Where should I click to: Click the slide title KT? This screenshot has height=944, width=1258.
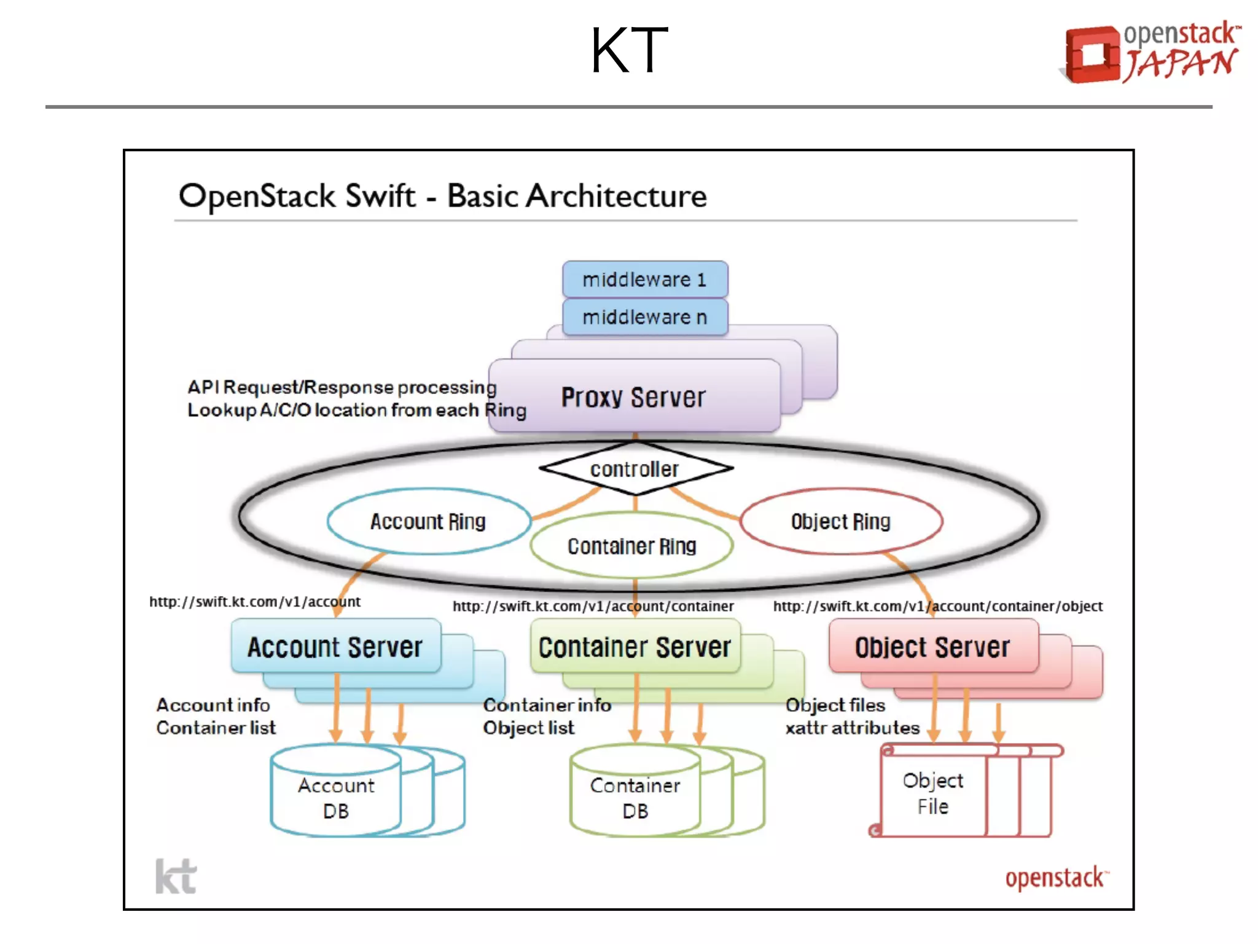coord(628,50)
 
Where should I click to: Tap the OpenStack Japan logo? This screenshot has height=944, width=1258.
coord(1151,52)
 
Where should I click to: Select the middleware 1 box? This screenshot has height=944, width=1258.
coord(644,280)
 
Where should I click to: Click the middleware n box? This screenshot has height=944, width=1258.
coord(644,317)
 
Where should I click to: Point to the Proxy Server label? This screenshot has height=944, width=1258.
coord(633,397)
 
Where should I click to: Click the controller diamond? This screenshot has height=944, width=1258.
coord(635,469)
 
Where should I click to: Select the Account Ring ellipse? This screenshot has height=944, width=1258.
coord(428,522)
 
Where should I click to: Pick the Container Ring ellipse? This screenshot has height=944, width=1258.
coord(631,546)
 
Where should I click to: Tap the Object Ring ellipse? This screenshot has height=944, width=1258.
coord(840,522)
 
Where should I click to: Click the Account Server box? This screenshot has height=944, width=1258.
coord(335,647)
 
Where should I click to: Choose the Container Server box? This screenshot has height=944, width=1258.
coord(635,647)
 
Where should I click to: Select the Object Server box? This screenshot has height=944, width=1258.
coord(932,647)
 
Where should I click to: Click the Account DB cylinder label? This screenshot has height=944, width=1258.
coord(336,798)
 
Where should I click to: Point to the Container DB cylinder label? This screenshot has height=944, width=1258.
coord(635,798)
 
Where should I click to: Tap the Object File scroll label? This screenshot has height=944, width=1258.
coord(932,793)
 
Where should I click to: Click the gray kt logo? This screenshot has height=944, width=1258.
coord(176,876)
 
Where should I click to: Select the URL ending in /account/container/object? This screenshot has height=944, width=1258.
coord(937,606)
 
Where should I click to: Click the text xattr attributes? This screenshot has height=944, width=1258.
coord(852,728)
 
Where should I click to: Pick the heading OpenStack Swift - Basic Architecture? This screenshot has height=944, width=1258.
coord(442,196)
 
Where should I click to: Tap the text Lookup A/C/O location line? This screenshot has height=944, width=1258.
coord(356,410)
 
